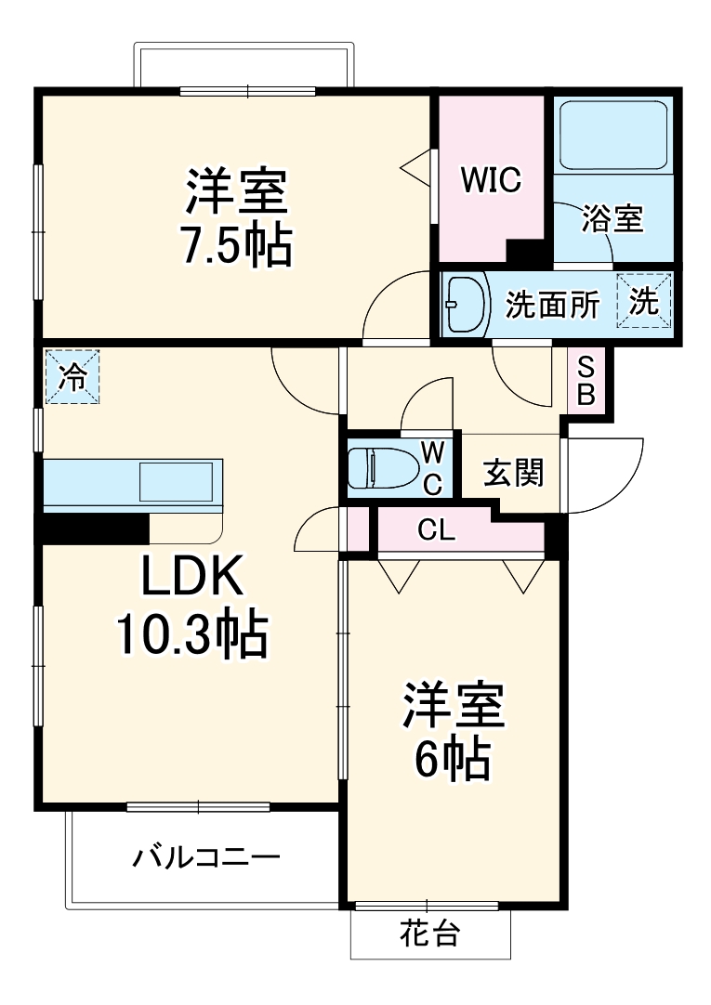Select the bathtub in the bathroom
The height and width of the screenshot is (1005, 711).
613,136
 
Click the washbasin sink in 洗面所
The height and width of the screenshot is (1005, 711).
465,304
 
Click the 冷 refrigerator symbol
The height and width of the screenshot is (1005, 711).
72,377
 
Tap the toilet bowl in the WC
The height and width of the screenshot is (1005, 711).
381,467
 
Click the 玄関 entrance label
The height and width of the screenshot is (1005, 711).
512,474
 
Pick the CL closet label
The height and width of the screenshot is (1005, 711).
436,531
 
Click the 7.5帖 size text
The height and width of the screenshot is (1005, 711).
236,245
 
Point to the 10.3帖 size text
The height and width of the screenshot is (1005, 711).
191,635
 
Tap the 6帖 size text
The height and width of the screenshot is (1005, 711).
452,761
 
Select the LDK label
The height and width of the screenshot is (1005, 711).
191,578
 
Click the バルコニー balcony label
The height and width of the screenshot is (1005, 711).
204,855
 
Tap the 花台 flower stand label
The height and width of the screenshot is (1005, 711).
429,933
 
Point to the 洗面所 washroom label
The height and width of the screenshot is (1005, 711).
552,305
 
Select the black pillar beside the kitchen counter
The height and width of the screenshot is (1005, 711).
93,528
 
